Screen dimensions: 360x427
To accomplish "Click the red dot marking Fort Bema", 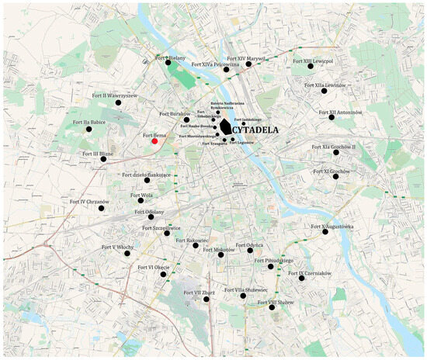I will (x=155, y=141).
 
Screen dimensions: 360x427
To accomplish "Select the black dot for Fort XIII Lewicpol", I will (x=300, y=66).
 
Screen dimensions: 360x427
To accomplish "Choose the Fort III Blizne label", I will (x=98, y=154).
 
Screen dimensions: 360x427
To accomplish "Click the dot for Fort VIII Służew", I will (x=273, y=308).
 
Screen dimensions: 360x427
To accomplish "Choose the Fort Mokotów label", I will (x=219, y=250).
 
